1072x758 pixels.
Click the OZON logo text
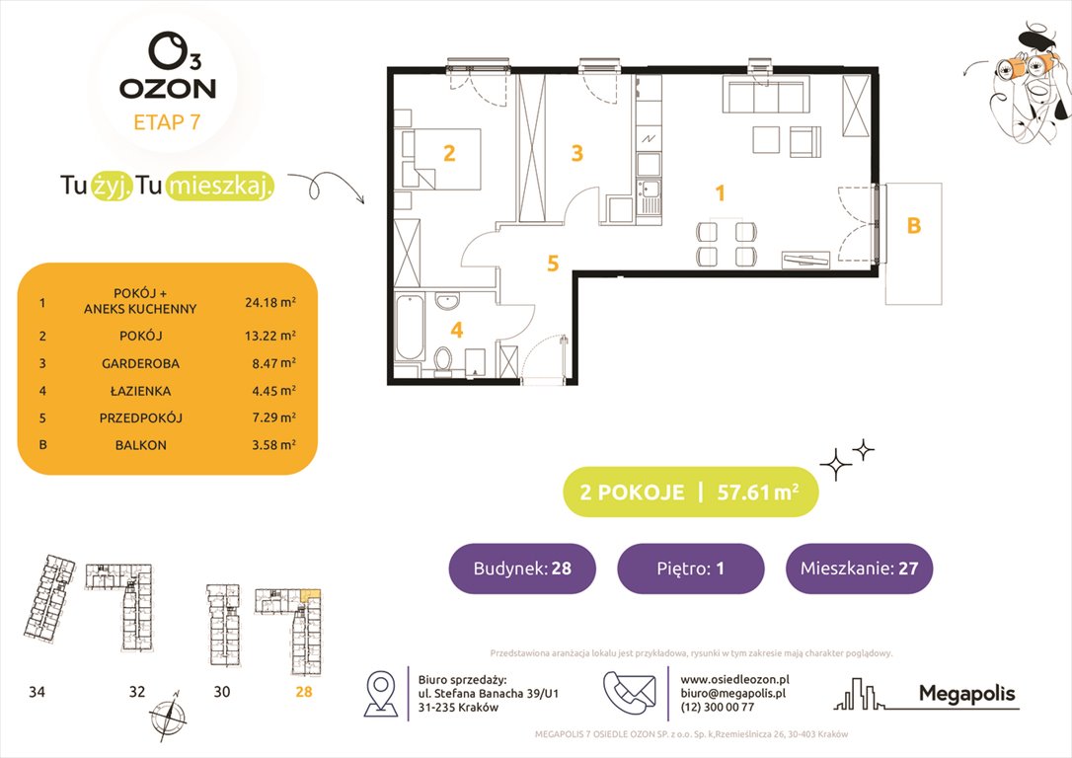point(168,87)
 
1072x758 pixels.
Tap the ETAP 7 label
point(168,123)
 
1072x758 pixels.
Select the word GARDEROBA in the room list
point(139,363)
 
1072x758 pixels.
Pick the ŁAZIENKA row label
point(139,391)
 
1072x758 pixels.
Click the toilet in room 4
point(443,360)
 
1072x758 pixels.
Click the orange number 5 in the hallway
point(553,264)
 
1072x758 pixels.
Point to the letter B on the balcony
point(913,226)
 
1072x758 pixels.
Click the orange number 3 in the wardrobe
point(577,154)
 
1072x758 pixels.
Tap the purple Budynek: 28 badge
point(522,568)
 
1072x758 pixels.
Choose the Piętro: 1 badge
point(690,568)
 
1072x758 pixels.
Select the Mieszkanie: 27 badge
point(859,568)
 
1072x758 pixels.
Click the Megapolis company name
point(966,694)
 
